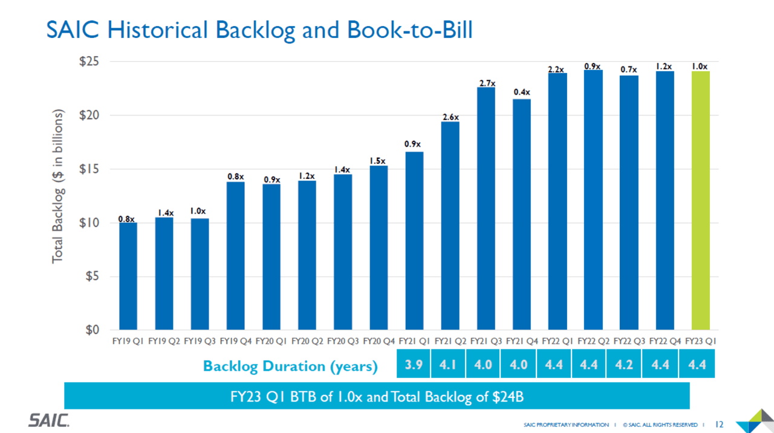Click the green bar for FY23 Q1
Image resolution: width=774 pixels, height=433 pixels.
[700, 200]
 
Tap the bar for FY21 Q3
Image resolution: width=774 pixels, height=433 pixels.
[486, 208]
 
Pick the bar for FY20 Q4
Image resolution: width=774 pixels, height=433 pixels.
[379, 248]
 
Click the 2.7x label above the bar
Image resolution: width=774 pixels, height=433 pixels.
[486, 83]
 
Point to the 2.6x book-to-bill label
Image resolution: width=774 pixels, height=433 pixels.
[450, 117]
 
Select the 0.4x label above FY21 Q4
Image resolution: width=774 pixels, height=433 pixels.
[522, 92]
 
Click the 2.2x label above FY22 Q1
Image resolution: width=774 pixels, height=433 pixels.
[557, 69]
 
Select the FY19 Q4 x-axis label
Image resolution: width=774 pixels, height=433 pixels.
[236, 341]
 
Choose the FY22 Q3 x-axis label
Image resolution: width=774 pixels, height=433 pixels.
[629, 341]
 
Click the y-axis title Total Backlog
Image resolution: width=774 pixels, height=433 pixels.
[58, 187]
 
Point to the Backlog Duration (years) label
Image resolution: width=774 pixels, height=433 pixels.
[290, 367]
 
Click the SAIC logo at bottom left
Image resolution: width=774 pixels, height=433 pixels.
[49, 420]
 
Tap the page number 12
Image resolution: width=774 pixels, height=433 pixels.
[720, 425]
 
